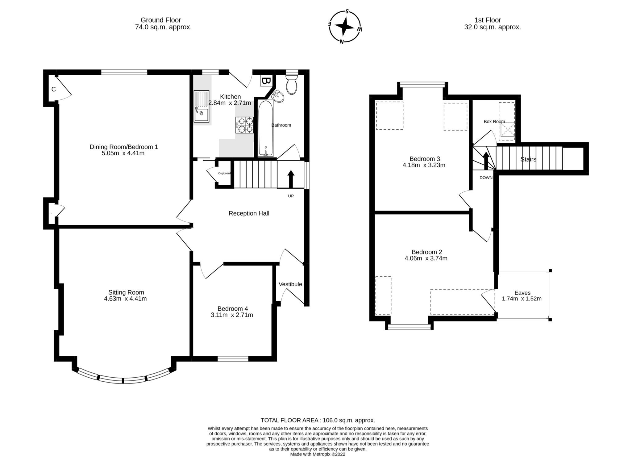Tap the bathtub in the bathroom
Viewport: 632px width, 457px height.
click(x=265, y=128)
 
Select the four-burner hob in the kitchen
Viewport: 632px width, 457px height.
click(x=245, y=125)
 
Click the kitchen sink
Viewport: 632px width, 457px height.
click(x=201, y=107)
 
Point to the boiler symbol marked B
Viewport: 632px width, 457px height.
click(x=265, y=81)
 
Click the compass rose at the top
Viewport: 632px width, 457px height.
click(x=344, y=27)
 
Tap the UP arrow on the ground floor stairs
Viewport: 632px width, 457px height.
click(x=291, y=179)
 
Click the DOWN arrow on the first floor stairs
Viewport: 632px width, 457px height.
click(x=486, y=161)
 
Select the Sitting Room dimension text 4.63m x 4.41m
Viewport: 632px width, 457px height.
click(x=125, y=299)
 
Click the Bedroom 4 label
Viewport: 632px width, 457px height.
click(x=232, y=308)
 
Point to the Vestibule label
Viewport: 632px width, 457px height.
click(x=290, y=284)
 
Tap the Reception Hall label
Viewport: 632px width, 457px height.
click(x=249, y=213)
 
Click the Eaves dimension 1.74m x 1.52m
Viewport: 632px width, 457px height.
click(x=522, y=299)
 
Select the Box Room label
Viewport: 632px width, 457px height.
click(x=494, y=122)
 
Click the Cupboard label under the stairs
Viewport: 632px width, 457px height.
click(x=224, y=173)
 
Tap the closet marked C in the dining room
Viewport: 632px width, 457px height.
click(x=53, y=89)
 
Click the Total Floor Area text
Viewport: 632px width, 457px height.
click(x=318, y=420)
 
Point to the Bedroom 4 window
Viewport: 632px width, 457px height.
click(x=233, y=358)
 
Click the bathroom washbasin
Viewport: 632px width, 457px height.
click(x=278, y=97)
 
